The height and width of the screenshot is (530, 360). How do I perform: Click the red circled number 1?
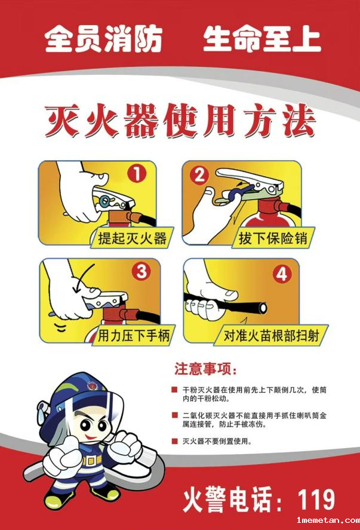click(x=137, y=174)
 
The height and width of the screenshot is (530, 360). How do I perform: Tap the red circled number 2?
click(x=199, y=176)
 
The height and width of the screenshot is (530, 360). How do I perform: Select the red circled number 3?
click(x=141, y=271)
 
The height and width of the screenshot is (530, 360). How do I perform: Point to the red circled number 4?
click(x=282, y=274)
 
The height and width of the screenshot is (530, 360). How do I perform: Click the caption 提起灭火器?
click(x=132, y=238)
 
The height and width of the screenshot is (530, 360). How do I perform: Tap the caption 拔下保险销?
click(x=273, y=238)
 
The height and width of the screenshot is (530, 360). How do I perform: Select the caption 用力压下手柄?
click(x=134, y=336)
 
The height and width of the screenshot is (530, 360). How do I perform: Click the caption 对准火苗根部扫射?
click(x=271, y=336)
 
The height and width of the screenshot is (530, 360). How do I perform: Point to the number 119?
click(x=316, y=500)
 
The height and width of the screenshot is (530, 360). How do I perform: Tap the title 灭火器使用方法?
click(x=180, y=121)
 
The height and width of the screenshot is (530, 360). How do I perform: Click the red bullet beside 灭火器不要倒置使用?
click(x=174, y=441)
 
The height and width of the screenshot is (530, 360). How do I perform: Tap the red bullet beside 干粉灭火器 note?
click(x=174, y=390)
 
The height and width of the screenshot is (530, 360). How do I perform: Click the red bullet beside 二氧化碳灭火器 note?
click(x=174, y=415)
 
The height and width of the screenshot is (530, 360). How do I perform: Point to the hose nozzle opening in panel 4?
click(x=261, y=308)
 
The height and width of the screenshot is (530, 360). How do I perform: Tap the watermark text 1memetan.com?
click(x=328, y=520)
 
